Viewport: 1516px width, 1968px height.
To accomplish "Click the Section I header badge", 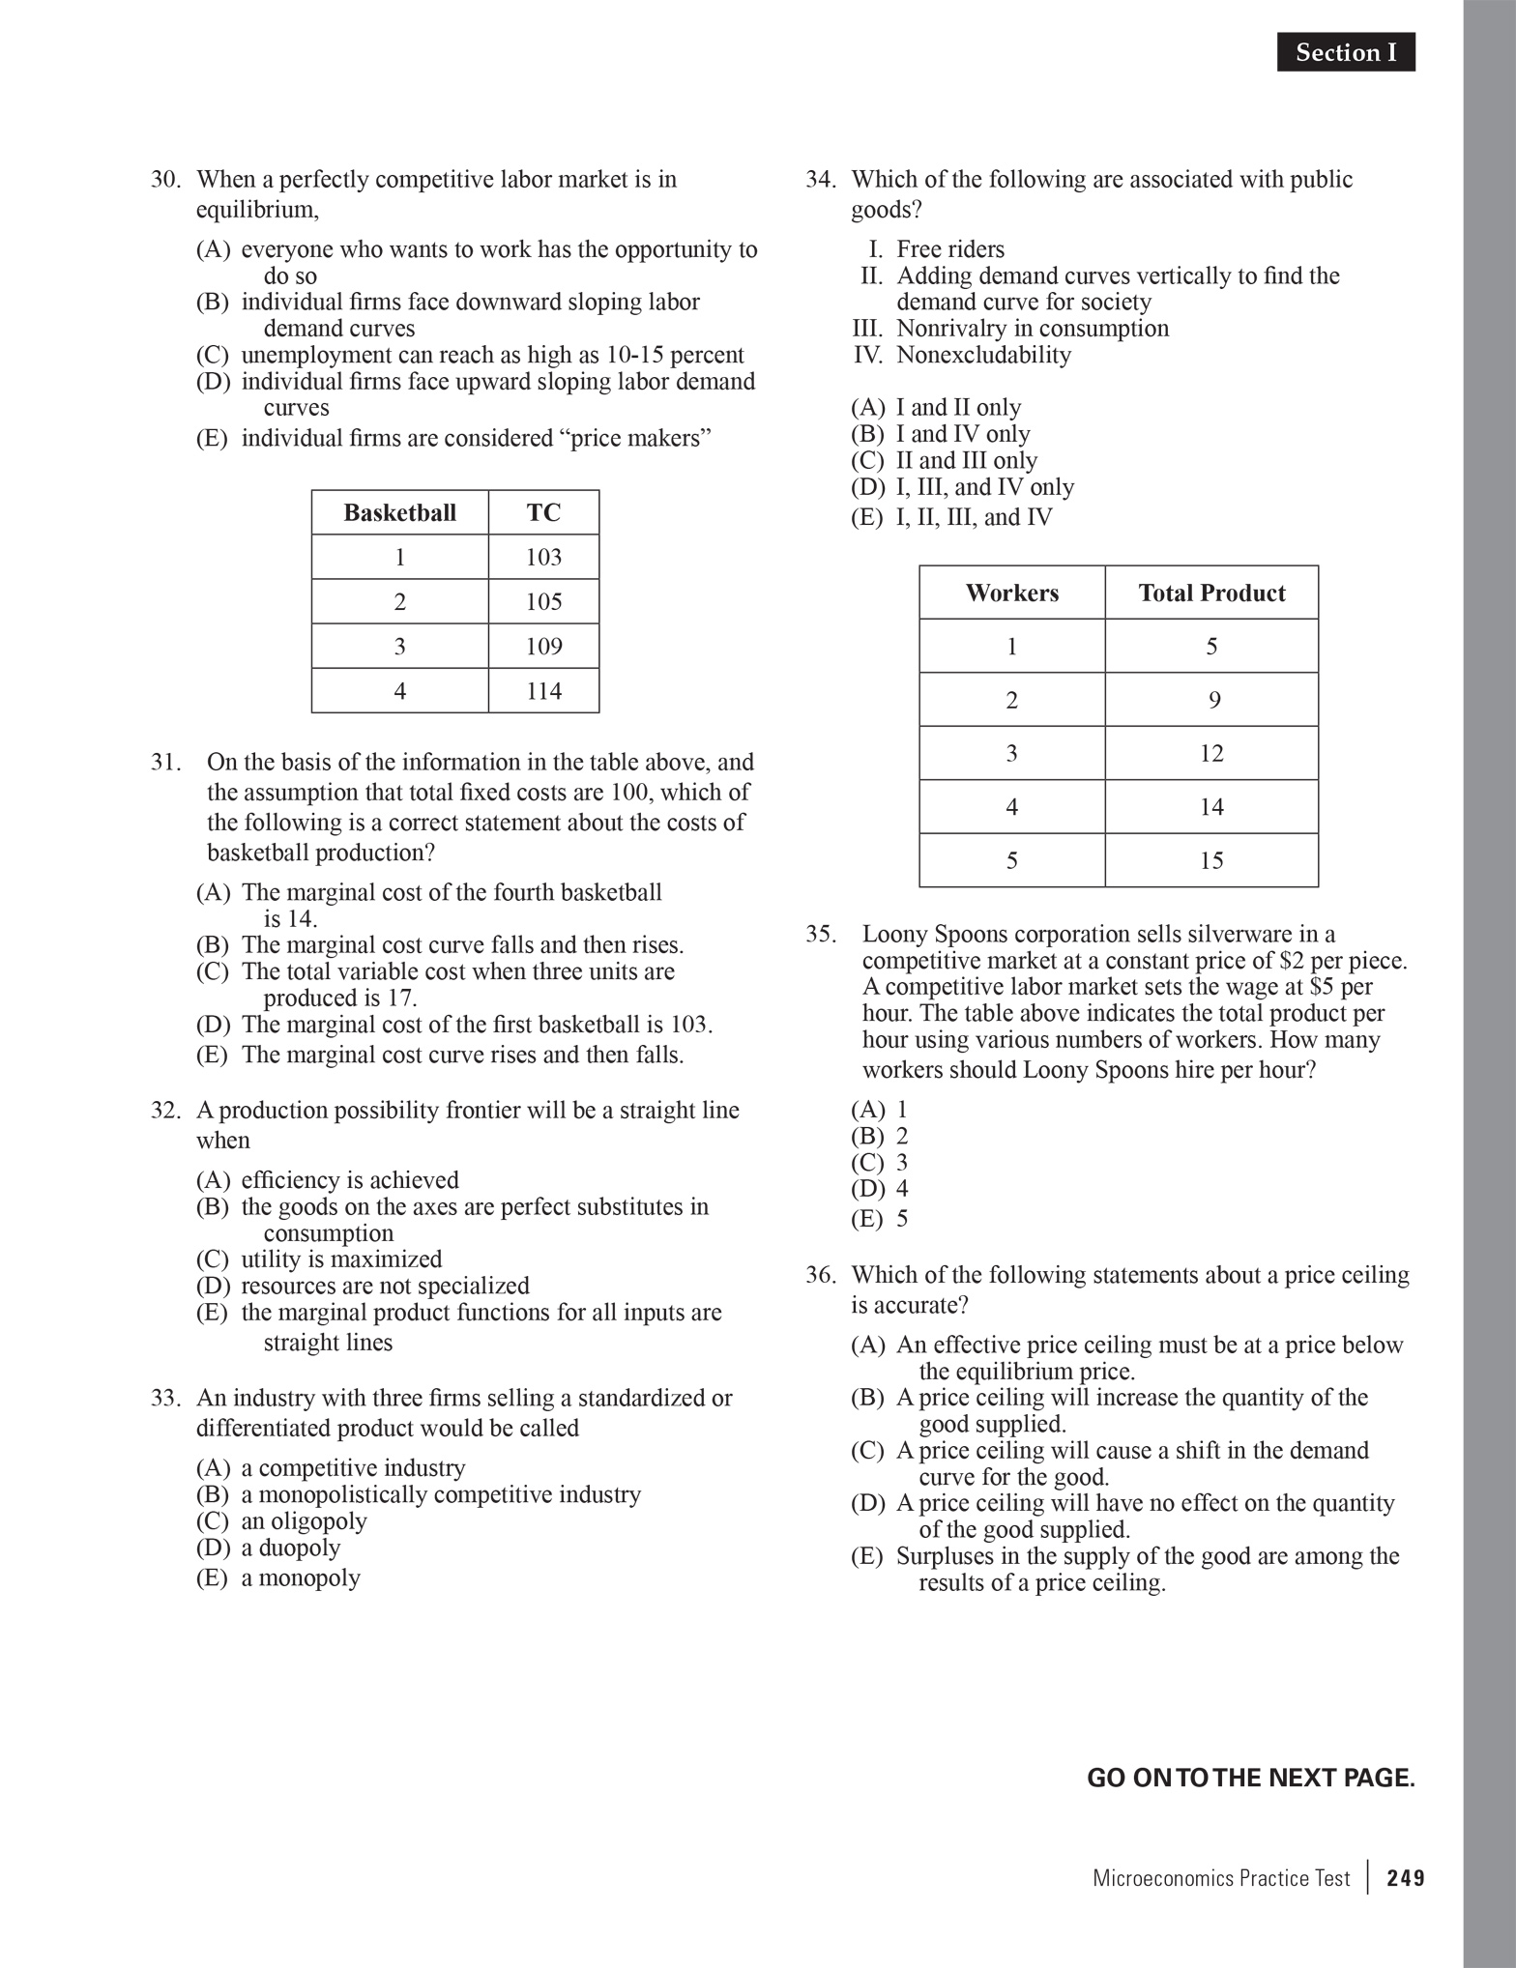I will [x=1345, y=52].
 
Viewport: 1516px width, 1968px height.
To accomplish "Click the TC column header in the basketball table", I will [x=543, y=512].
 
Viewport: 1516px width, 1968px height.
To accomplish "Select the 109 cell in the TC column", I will [x=543, y=646].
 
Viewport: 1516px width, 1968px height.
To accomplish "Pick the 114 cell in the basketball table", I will [x=543, y=691].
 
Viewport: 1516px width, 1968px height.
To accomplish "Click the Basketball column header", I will [x=399, y=512].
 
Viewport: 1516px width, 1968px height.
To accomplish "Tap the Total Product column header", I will [x=1211, y=593].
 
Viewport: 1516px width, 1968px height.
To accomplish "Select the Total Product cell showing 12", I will [x=1211, y=753].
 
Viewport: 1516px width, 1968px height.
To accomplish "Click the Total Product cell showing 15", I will [x=1211, y=860].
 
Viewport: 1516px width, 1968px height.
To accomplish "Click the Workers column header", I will [x=1011, y=593].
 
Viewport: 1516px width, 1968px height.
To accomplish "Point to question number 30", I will [x=165, y=180].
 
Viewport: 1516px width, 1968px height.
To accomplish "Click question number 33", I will [x=165, y=1398].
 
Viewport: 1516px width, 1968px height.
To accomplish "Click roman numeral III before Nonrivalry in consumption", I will [x=867, y=329].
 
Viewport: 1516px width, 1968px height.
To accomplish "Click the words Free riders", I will [x=949, y=249].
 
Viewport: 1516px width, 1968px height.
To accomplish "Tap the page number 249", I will [x=1405, y=1878].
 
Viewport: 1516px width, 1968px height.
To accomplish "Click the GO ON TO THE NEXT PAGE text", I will [x=1250, y=1778].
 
